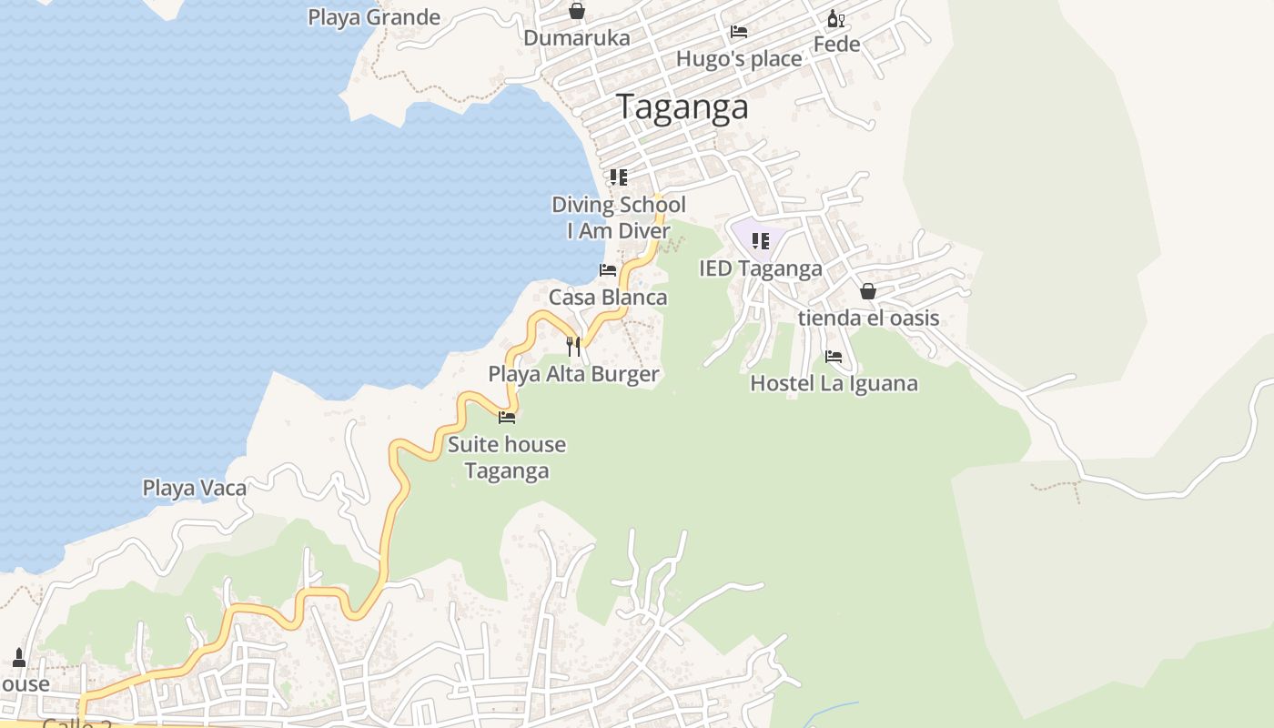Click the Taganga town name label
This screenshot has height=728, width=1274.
click(683, 107)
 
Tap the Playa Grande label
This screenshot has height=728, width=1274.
click(374, 17)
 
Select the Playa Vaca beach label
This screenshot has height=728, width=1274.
click(195, 488)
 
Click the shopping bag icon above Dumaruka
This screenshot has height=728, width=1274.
click(577, 11)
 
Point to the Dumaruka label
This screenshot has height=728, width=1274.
click(577, 38)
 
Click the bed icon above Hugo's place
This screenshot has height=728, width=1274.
click(739, 32)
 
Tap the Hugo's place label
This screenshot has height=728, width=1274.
click(739, 59)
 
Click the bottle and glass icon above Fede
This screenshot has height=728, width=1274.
click(835, 18)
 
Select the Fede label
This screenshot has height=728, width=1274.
click(836, 44)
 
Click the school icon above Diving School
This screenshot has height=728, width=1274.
click(619, 177)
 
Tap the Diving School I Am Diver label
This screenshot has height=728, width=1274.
click(619, 217)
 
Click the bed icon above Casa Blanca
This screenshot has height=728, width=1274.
click(608, 270)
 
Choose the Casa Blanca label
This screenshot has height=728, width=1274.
click(608, 298)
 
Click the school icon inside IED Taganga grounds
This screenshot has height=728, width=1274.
click(761, 241)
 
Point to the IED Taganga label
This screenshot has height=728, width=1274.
click(761, 268)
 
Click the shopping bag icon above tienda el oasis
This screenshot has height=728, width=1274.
click(868, 291)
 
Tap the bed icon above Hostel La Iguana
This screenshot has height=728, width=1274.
click(834, 357)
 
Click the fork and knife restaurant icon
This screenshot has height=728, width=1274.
click(573, 347)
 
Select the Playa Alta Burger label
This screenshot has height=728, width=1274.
click(573, 374)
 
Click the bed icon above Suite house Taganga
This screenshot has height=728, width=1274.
click(507, 418)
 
